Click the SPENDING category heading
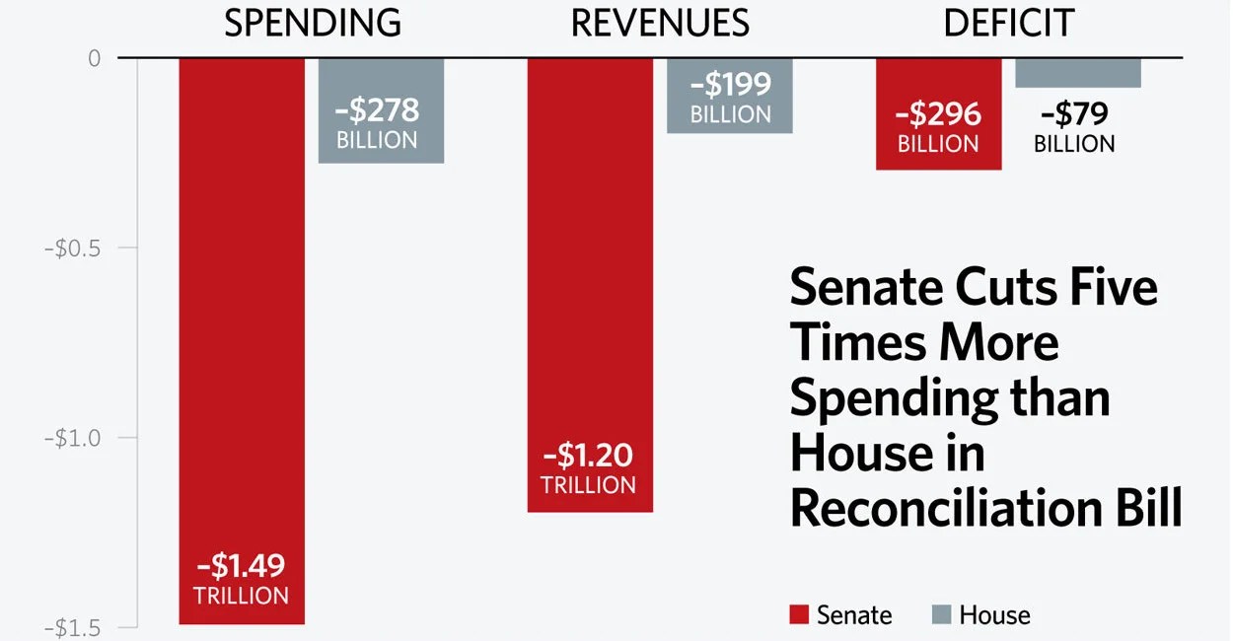pyautogui.click(x=313, y=23)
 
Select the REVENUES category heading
pyautogui.click(x=660, y=23)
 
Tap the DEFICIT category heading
pyautogui.click(x=1008, y=23)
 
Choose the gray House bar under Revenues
pyautogui.click(x=730, y=96)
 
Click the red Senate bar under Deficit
pyautogui.click(x=938, y=113)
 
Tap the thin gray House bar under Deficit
pyautogui.click(x=1078, y=73)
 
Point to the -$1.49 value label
pyautogui.click(x=242, y=566)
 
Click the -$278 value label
pyautogui.click(x=377, y=109)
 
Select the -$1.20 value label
pyautogui.click(x=589, y=456)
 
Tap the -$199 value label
pyautogui.click(x=730, y=85)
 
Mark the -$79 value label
pyautogui.click(x=1074, y=114)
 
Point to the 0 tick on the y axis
pyautogui.click(x=95, y=58)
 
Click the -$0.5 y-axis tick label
pyautogui.click(x=73, y=248)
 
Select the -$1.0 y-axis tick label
pyautogui.click(x=73, y=438)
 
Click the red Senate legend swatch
pyautogui.click(x=799, y=615)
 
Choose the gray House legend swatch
pyautogui.click(x=941, y=615)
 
